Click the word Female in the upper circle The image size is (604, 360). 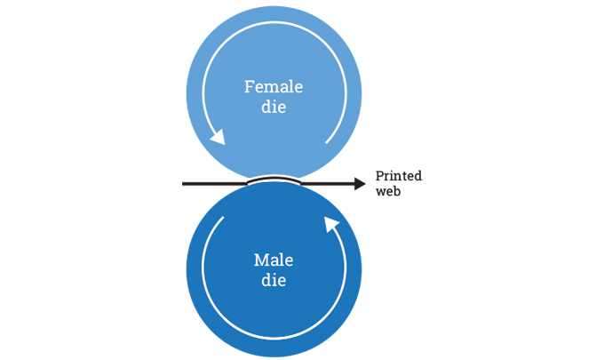pyautogui.click(x=274, y=87)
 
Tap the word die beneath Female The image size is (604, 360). pyautogui.click(x=274, y=108)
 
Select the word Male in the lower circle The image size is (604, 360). pyautogui.click(x=274, y=260)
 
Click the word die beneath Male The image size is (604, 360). pyautogui.click(x=274, y=281)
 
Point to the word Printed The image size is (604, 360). pyautogui.click(x=399, y=176)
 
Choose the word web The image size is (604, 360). pyautogui.click(x=388, y=191)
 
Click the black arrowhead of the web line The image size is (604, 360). pyautogui.click(x=360, y=184)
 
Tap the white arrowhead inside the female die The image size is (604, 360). pyautogui.click(x=217, y=137)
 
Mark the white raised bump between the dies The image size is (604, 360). pyautogui.click(x=274, y=178)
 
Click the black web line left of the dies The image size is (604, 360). pyautogui.click(x=213, y=184)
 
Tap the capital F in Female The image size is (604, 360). pyautogui.click(x=250, y=87)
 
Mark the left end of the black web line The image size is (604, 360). pyautogui.click(x=184, y=184)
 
